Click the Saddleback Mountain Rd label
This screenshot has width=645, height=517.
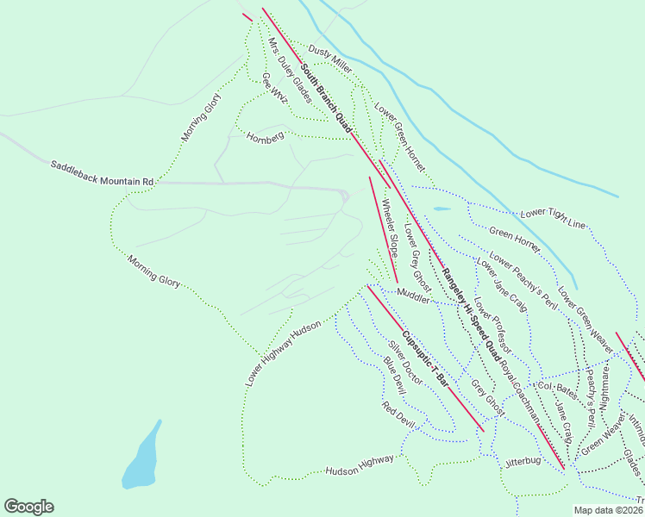[102, 172]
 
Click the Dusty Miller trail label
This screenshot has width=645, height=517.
[330, 59]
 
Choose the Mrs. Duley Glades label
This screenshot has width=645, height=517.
[289, 71]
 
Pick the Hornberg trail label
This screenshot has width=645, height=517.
[265, 137]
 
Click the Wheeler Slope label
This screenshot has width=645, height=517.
[389, 227]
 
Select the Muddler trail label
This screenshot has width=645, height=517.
[413, 297]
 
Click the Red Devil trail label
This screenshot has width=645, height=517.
[399, 414]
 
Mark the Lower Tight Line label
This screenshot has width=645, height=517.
[553, 219]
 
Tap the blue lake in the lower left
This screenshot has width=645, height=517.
[141, 457]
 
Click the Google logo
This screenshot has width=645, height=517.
[28, 507]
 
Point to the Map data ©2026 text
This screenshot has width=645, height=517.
[608, 510]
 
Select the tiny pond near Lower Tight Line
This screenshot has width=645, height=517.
[441, 209]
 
